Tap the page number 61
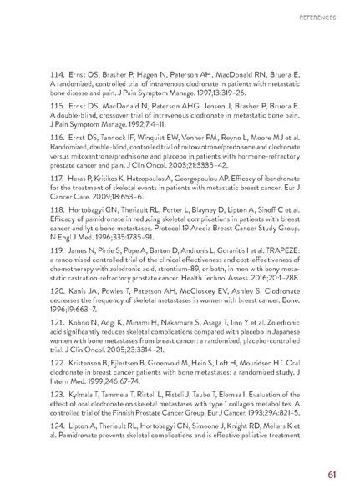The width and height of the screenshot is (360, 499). pos(332,476)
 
